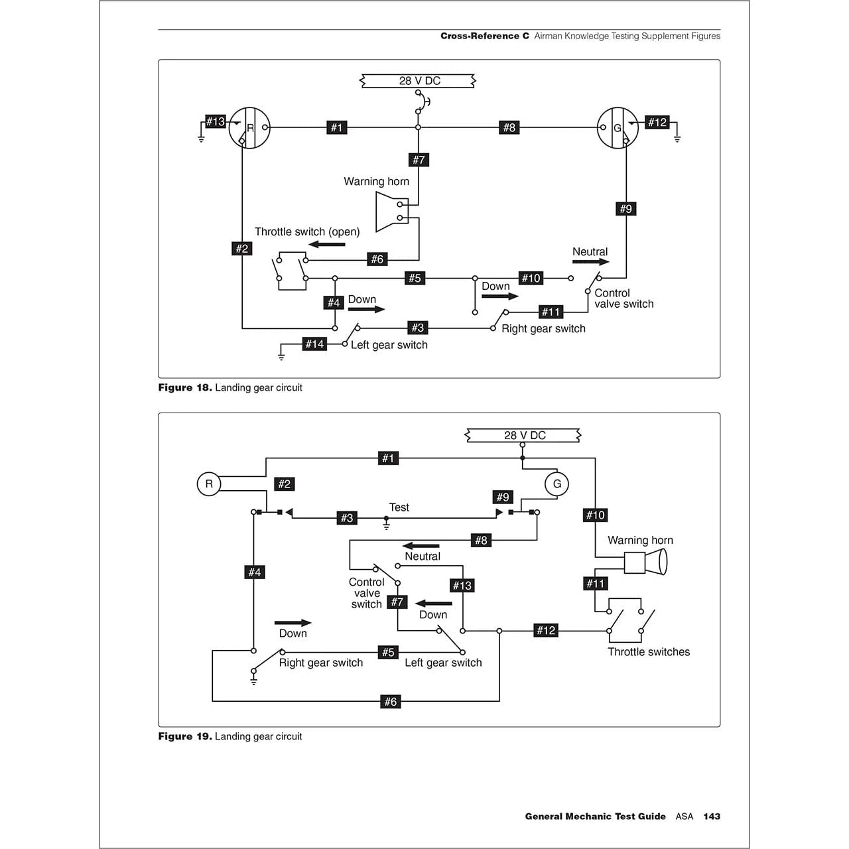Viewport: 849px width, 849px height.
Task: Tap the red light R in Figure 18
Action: [x=249, y=128]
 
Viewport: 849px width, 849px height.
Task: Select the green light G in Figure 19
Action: [x=556, y=484]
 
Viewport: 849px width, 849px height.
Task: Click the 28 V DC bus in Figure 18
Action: [x=419, y=81]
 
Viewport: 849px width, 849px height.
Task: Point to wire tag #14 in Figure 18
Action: [x=314, y=344]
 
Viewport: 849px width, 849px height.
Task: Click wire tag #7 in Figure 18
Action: [x=419, y=160]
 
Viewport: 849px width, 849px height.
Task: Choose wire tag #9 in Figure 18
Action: [x=625, y=209]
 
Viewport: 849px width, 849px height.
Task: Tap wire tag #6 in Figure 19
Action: [x=391, y=701]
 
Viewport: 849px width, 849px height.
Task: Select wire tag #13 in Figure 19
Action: [x=462, y=585]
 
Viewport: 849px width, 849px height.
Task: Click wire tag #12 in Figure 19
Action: [x=546, y=630]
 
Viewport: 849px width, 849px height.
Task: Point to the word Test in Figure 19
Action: [x=399, y=507]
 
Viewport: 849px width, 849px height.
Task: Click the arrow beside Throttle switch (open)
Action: [x=326, y=244]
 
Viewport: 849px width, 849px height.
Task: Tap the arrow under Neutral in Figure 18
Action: [x=590, y=262]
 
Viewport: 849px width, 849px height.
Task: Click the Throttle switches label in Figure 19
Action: [x=649, y=652]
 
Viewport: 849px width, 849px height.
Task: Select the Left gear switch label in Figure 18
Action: [x=389, y=345]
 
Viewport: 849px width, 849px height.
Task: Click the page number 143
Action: [x=712, y=816]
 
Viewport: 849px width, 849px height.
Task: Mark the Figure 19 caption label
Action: [x=184, y=736]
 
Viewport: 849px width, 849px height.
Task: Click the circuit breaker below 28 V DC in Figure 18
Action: [x=421, y=102]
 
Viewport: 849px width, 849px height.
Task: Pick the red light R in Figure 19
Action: [x=209, y=484]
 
